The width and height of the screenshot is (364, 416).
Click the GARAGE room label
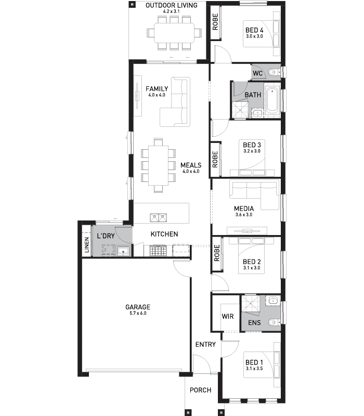point(138,307)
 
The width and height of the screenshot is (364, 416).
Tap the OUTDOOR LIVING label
point(172,5)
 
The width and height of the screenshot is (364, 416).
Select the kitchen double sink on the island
point(159,217)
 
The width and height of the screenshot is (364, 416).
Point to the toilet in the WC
point(274,72)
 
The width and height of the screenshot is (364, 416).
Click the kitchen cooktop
point(158,251)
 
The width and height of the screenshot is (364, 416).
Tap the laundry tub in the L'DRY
point(123,251)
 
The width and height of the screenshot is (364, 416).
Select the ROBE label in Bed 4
point(215,22)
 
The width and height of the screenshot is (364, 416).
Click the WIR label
point(228,316)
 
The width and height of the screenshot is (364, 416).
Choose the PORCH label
point(201,390)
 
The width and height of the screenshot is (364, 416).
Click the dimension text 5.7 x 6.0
point(138,314)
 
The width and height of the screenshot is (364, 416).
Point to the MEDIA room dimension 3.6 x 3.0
point(244,215)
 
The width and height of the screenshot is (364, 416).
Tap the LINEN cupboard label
point(87,244)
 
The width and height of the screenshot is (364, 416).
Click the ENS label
point(254,322)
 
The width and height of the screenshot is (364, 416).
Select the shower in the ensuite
point(250,305)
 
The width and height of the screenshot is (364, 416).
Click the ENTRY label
point(205,344)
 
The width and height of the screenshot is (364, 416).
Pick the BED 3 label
point(252,145)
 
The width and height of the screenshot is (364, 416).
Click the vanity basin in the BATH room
point(257,113)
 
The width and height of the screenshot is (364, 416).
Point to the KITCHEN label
point(164,234)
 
